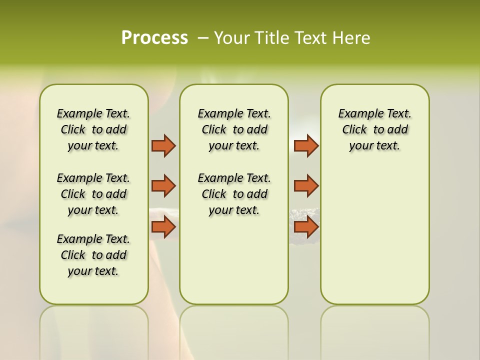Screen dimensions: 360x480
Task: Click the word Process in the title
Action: (154, 38)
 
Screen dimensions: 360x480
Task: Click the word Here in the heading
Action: (352, 38)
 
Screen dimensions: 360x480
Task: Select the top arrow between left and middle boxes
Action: (163, 145)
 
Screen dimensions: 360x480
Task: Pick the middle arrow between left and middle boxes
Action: (163, 186)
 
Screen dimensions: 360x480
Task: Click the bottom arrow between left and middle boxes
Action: (163, 227)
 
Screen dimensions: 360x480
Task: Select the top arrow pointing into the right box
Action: (306, 145)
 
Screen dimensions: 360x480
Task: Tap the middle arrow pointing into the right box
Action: (306, 186)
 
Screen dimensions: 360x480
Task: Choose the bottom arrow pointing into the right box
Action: (306, 227)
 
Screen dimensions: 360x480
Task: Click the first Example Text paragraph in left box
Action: (93, 129)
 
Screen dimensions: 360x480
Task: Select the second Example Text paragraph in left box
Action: (93, 194)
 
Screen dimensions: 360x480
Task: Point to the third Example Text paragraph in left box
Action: (93, 255)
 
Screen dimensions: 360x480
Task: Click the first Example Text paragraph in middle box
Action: (234, 129)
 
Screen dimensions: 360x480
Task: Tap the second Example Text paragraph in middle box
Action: (234, 194)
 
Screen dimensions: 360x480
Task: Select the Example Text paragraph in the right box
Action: (375, 129)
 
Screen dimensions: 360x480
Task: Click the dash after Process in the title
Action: (203, 38)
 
